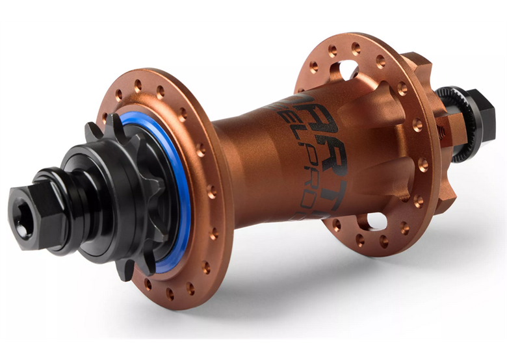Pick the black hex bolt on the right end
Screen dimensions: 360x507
(485, 116)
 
